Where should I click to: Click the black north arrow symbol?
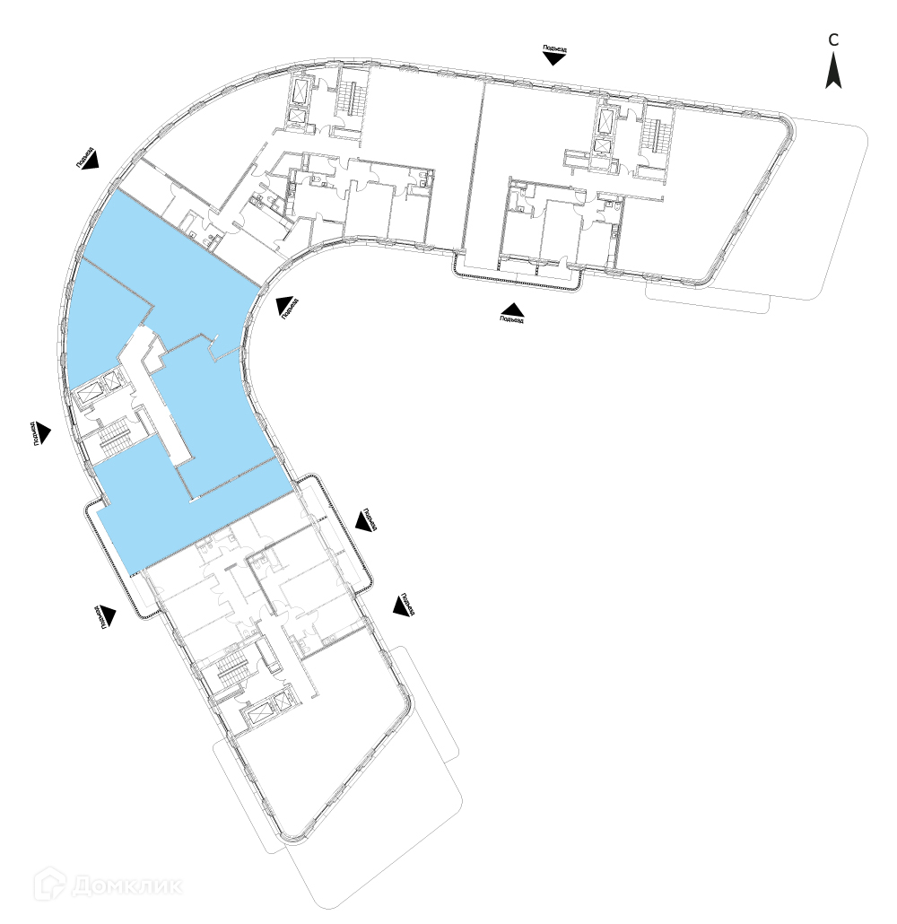pyautogui.click(x=833, y=71)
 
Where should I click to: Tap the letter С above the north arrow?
pyautogui.click(x=833, y=40)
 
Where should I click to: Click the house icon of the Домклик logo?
pyautogui.click(x=50, y=885)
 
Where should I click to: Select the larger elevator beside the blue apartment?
pyautogui.click(x=90, y=394)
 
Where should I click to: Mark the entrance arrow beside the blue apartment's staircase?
pyautogui.click(x=43, y=432)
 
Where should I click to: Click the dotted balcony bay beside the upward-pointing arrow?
pyautogui.click(x=520, y=278)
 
